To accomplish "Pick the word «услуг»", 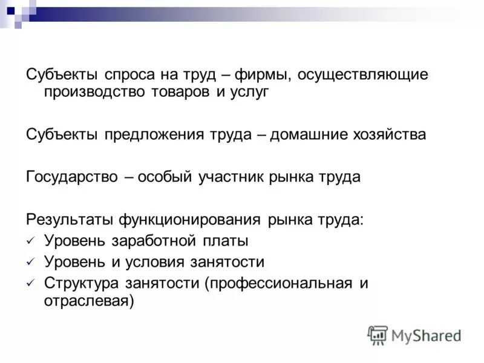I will click(247, 92).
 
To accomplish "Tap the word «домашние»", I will click(307, 134).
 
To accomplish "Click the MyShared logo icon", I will click(378, 335).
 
